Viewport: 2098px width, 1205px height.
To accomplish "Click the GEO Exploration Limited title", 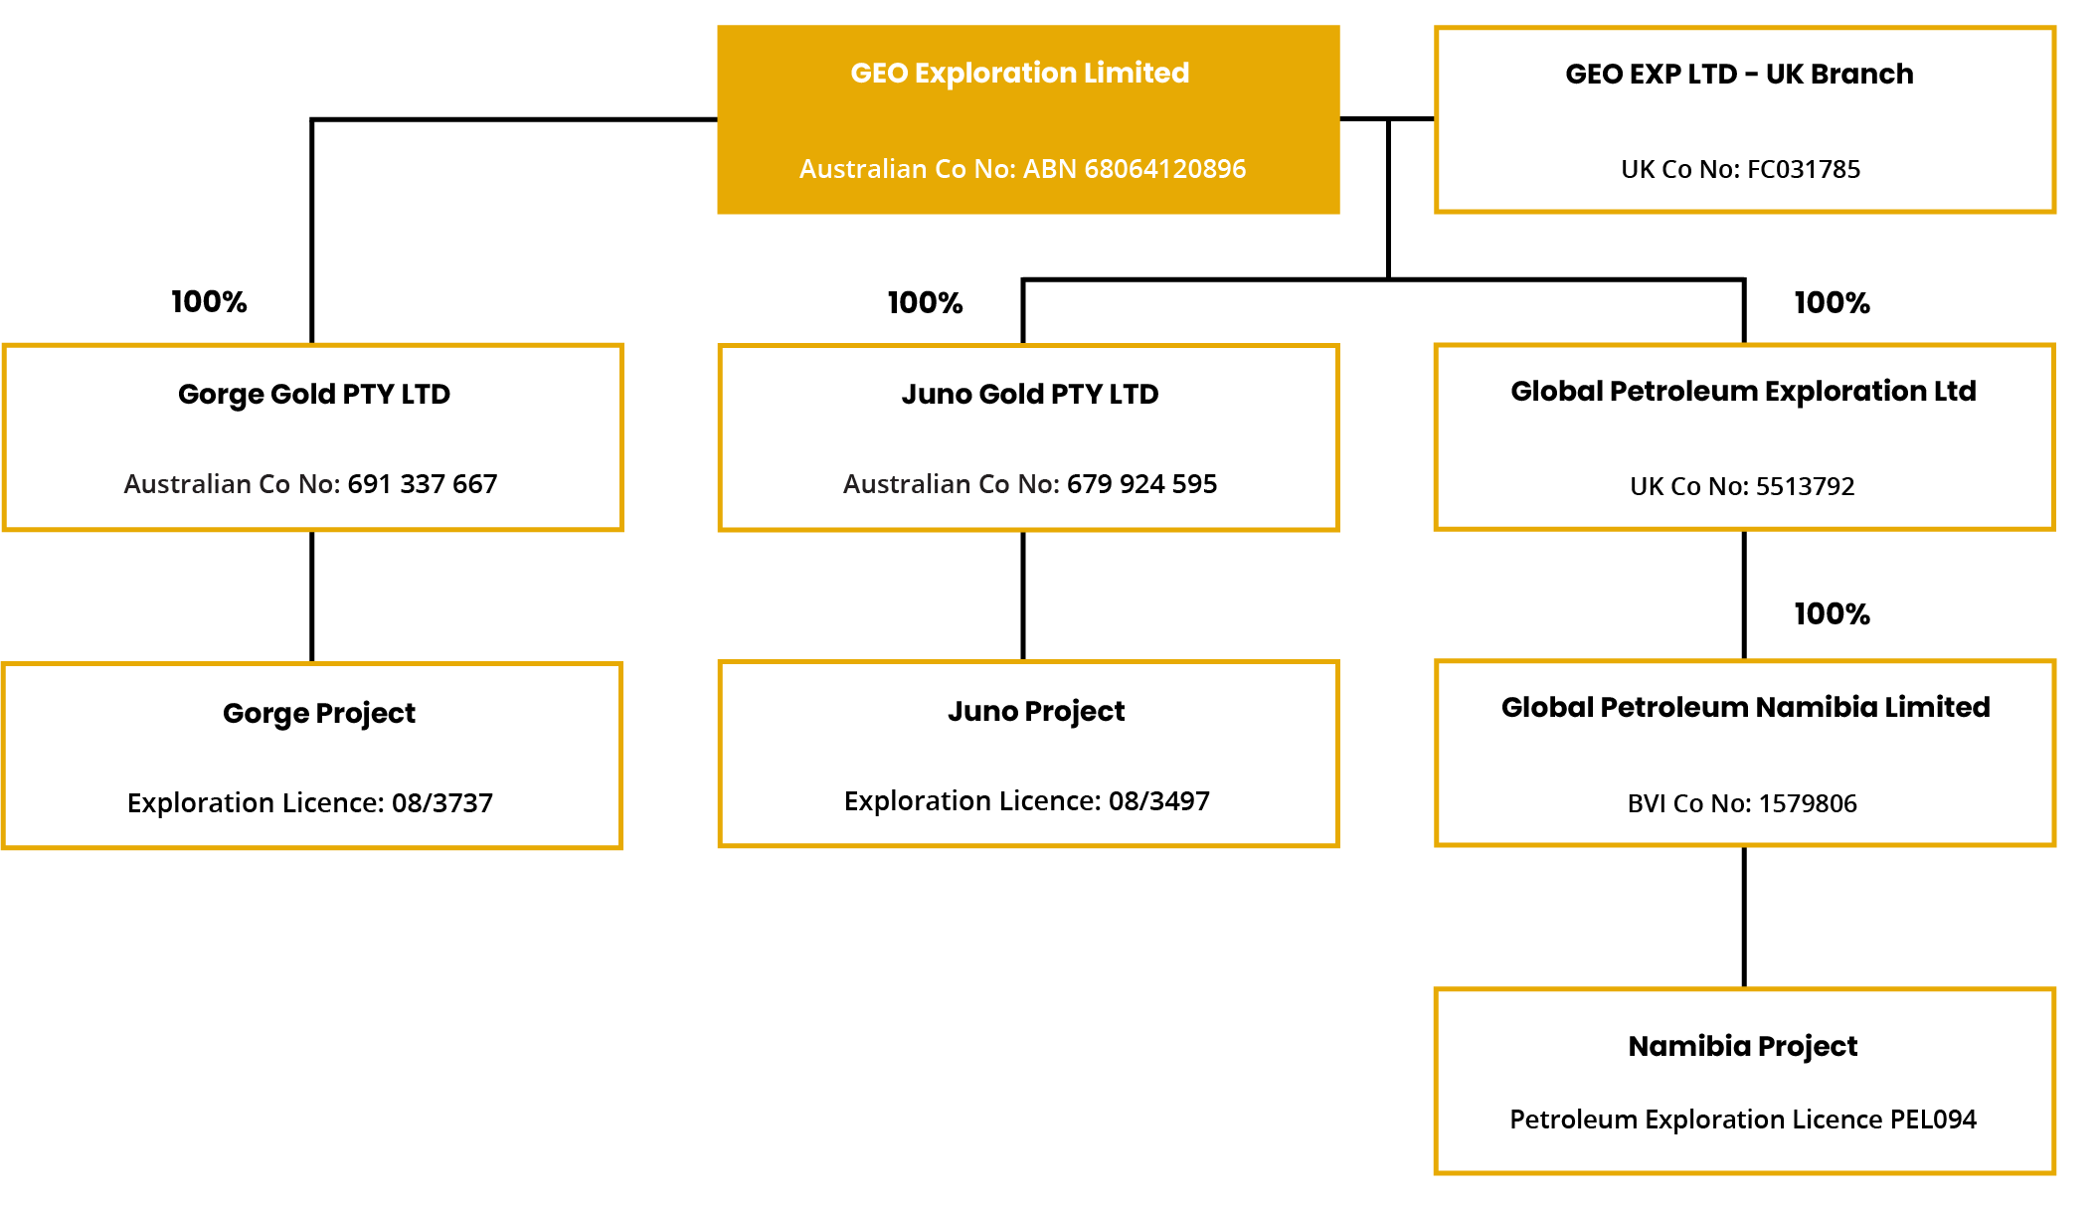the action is click(1019, 74).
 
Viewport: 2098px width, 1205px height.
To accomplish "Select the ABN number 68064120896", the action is click(1164, 169).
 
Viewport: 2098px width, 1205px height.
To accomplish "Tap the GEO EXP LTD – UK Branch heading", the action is click(1739, 75).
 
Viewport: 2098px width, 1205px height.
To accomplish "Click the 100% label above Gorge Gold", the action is click(209, 302).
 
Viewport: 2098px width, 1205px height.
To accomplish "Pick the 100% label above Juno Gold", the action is click(925, 303).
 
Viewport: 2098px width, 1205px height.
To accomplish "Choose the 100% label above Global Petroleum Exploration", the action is click(1832, 303).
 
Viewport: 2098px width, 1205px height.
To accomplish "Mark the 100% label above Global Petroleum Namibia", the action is click(1832, 614).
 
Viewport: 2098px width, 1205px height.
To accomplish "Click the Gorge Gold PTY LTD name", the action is click(314, 395).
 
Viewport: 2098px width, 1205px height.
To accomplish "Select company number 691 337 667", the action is click(423, 484).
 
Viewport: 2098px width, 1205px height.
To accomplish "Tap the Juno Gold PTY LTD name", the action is click(1030, 395).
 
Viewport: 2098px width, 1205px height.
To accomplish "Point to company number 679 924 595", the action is click(1141, 484).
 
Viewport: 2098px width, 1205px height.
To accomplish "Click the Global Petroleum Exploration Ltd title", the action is click(1743, 392).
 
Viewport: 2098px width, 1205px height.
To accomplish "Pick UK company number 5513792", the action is click(1805, 486).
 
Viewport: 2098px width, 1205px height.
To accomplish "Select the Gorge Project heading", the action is click(319, 714).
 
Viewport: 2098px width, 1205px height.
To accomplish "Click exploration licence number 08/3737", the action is click(442, 803).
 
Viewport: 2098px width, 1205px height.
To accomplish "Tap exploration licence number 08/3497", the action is click(1159, 801).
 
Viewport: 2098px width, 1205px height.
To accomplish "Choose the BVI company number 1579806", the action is click(1808, 803).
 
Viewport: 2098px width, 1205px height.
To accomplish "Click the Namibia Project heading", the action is click(1743, 1047).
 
